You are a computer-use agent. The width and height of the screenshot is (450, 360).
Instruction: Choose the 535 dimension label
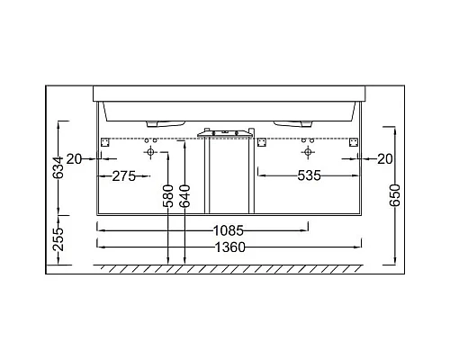(309, 175)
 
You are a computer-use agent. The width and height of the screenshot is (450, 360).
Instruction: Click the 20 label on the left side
(75, 158)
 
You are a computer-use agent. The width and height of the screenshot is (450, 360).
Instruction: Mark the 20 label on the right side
(385, 158)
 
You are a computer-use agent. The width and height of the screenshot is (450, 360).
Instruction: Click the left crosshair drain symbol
(150, 154)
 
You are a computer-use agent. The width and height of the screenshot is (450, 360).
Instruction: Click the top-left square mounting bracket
(104, 142)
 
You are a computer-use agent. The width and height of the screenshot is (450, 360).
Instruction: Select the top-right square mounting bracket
(354, 142)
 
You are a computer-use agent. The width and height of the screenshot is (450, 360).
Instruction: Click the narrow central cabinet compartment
(227, 175)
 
